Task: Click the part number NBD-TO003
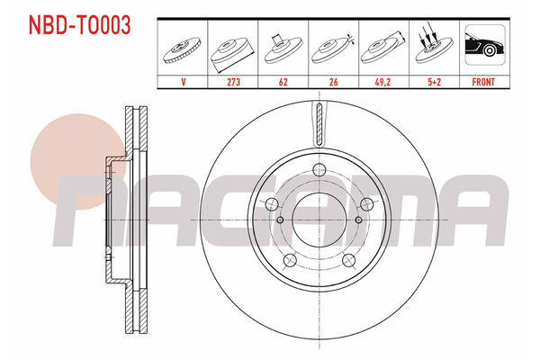point(79,25)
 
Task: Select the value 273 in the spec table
point(233,82)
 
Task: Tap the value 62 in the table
point(283,82)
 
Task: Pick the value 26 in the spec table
point(333,82)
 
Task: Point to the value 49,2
point(382,82)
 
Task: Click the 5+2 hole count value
point(435,82)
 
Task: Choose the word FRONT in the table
point(483,82)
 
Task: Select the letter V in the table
point(184,82)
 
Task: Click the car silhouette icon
point(484,45)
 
